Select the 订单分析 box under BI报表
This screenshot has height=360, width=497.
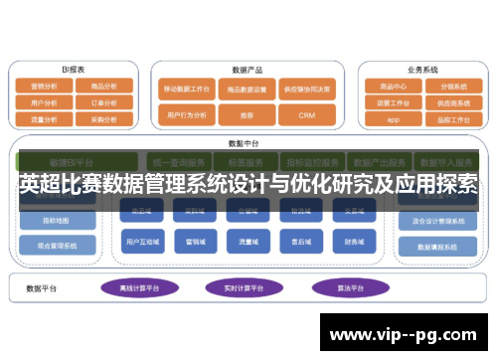click(x=104, y=102)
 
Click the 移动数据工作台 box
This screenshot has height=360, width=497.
click(x=188, y=89)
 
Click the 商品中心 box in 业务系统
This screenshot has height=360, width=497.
click(x=393, y=87)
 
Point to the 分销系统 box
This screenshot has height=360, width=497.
click(x=453, y=87)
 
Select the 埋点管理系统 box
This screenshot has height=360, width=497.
click(x=59, y=245)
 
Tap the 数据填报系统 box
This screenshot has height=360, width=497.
click(x=438, y=246)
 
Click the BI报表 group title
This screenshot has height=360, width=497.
click(x=73, y=70)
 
